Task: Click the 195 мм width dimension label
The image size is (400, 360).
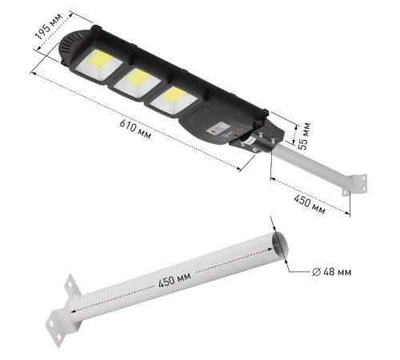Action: pyautogui.click(x=49, y=26)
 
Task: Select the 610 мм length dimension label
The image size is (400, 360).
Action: pyautogui.click(x=135, y=130)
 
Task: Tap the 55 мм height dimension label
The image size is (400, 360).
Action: pyautogui.click(x=304, y=136)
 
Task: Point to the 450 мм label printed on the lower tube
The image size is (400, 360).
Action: pyautogui.click(x=174, y=280)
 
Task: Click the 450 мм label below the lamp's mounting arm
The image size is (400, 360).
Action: pyautogui.click(x=310, y=205)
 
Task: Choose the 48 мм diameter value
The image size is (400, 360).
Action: pyautogui.click(x=337, y=272)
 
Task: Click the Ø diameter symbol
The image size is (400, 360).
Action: pyautogui.click(x=316, y=272)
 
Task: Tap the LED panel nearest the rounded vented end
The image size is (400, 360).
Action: pyautogui.click(x=98, y=65)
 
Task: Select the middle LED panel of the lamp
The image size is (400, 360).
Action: pyautogui.click(x=137, y=82)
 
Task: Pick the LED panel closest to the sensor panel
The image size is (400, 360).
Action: pyautogui.click(x=174, y=101)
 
